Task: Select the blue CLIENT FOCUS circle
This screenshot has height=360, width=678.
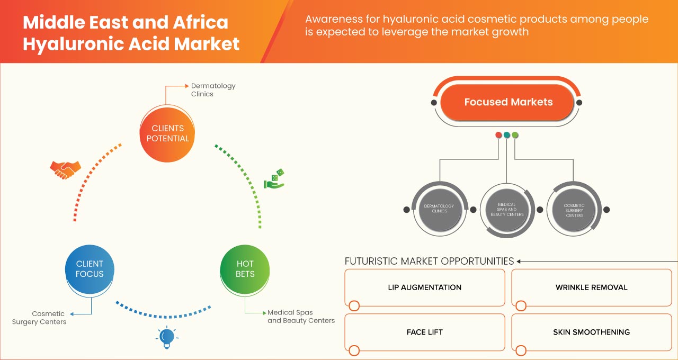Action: [x=90, y=269]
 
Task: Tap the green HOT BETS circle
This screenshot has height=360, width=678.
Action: [x=245, y=269]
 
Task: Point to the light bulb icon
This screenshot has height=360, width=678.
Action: [x=167, y=337]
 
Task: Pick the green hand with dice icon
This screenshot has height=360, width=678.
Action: [x=274, y=179]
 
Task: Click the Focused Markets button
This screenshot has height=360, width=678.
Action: [x=508, y=102]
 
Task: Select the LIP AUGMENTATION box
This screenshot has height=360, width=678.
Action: [x=424, y=287]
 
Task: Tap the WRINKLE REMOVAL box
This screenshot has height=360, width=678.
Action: [x=591, y=287]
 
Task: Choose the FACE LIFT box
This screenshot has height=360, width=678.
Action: [x=424, y=332]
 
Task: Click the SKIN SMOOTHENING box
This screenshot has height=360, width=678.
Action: [x=591, y=332]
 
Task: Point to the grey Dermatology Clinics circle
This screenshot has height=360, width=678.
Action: [x=439, y=208]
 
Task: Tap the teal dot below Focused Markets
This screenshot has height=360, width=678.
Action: [x=507, y=135]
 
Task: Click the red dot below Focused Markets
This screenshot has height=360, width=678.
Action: [x=498, y=135]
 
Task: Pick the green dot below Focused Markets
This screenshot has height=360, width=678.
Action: [x=515, y=135]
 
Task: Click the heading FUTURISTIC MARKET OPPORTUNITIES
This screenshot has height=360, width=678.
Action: [x=429, y=261]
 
